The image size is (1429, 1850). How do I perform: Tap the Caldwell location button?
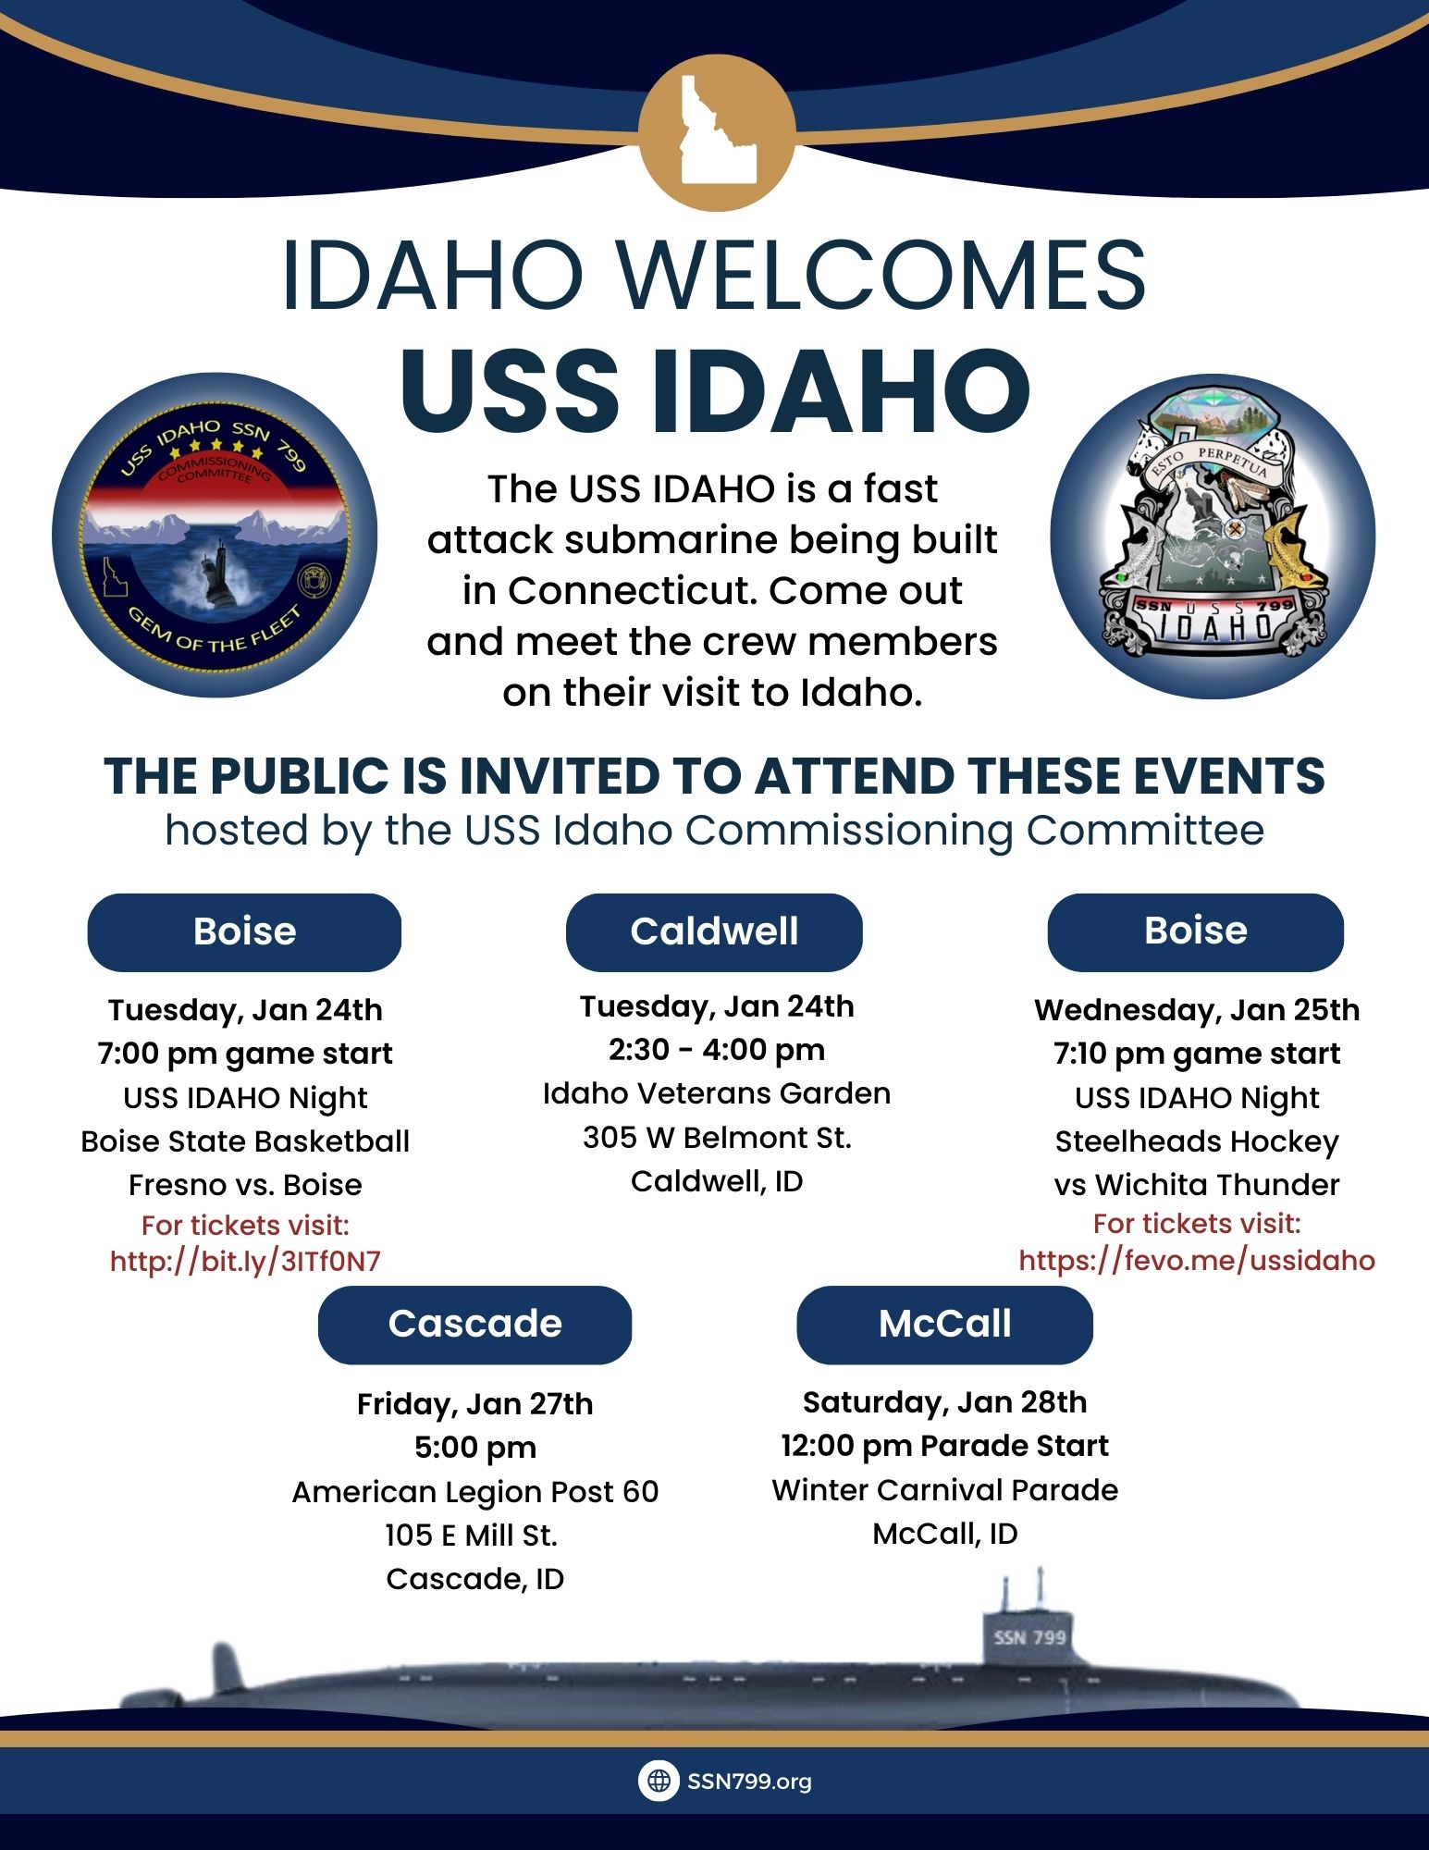[x=714, y=931]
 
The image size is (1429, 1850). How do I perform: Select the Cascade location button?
[x=474, y=1325]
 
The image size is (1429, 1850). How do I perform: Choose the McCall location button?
[x=944, y=1325]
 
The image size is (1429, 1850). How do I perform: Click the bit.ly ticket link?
[x=245, y=1261]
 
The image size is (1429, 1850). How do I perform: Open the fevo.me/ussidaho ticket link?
[x=1197, y=1260]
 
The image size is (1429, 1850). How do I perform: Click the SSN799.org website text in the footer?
[x=749, y=1781]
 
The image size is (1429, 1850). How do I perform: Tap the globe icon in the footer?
[x=659, y=1781]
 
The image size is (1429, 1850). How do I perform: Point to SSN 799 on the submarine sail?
[x=1029, y=1637]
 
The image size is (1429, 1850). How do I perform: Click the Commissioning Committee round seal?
[x=215, y=536]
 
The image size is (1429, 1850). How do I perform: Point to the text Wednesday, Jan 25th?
[x=1197, y=1009]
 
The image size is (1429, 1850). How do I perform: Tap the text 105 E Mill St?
[x=472, y=1535]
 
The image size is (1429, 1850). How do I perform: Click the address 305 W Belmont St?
[x=717, y=1137]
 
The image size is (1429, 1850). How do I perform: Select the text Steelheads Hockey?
[x=1197, y=1142]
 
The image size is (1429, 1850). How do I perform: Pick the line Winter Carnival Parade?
[x=944, y=1489]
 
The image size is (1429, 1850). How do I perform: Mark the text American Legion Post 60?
[x=475, y=1492]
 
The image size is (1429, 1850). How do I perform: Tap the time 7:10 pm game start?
[x=1197, y=1054]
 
